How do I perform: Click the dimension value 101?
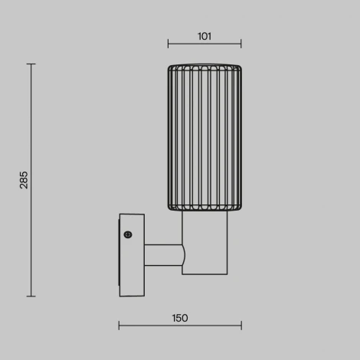click(205, 36)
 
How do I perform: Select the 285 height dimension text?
click(23, 180)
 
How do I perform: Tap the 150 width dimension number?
click(180, 318)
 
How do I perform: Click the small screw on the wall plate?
click(128, 234)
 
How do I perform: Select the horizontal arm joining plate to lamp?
click(162, 255)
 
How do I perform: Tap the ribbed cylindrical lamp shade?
click(205, 138)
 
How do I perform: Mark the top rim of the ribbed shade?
click(205, 66)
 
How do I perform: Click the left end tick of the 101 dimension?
click(169, 44)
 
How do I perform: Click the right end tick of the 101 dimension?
click(241, 44)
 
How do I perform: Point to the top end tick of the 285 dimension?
click(31, 64)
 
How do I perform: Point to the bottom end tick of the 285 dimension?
click(31, 296)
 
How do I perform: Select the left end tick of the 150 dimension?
click(119, 326)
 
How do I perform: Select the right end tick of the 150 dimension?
click(241, 326)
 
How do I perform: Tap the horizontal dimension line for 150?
click(180, 326)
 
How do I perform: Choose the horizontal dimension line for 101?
click(205, 44)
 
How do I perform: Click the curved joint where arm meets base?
click(183, 255)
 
